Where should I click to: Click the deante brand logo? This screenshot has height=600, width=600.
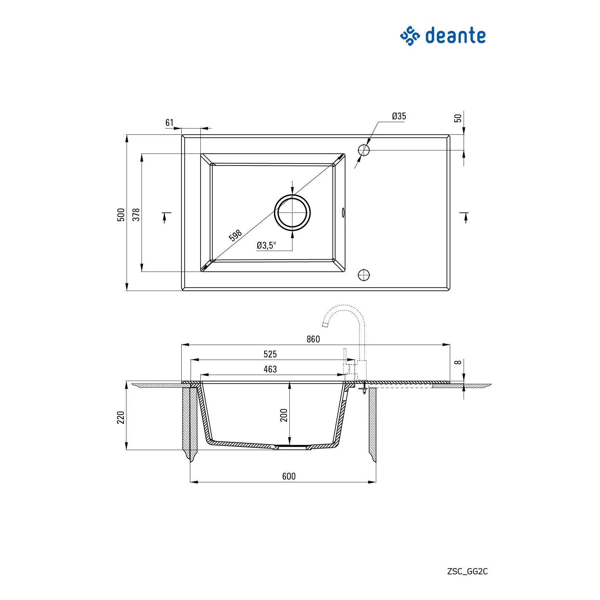coord(443,36)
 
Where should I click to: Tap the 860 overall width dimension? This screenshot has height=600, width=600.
coord(313,339)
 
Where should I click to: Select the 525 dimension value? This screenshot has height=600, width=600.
coord(270,354)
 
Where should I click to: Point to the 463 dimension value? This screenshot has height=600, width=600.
coord(270,369)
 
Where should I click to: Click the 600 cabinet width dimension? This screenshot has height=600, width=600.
coord(289,476)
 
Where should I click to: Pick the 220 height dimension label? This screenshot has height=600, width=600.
coord(121,417)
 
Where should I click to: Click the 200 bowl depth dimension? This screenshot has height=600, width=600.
coord(284,415)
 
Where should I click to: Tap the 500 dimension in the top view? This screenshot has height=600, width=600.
coord(121,214)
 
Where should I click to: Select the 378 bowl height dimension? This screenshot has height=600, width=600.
coord(136,214)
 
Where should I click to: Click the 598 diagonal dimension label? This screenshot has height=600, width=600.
coord(235,235)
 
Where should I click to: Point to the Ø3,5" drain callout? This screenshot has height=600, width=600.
coord(266,245)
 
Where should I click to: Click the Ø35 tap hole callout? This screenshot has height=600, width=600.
coord(399,116)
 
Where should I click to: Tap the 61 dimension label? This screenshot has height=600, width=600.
coord(169,122)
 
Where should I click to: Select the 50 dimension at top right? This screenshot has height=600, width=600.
coord(458,118)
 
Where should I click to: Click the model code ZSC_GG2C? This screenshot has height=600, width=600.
coord(467,571)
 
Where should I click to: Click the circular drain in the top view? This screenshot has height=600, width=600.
coord(292,212)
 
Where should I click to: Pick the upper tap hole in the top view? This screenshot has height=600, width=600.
coord(364,150)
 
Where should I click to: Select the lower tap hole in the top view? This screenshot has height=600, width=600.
coord(364,275)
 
